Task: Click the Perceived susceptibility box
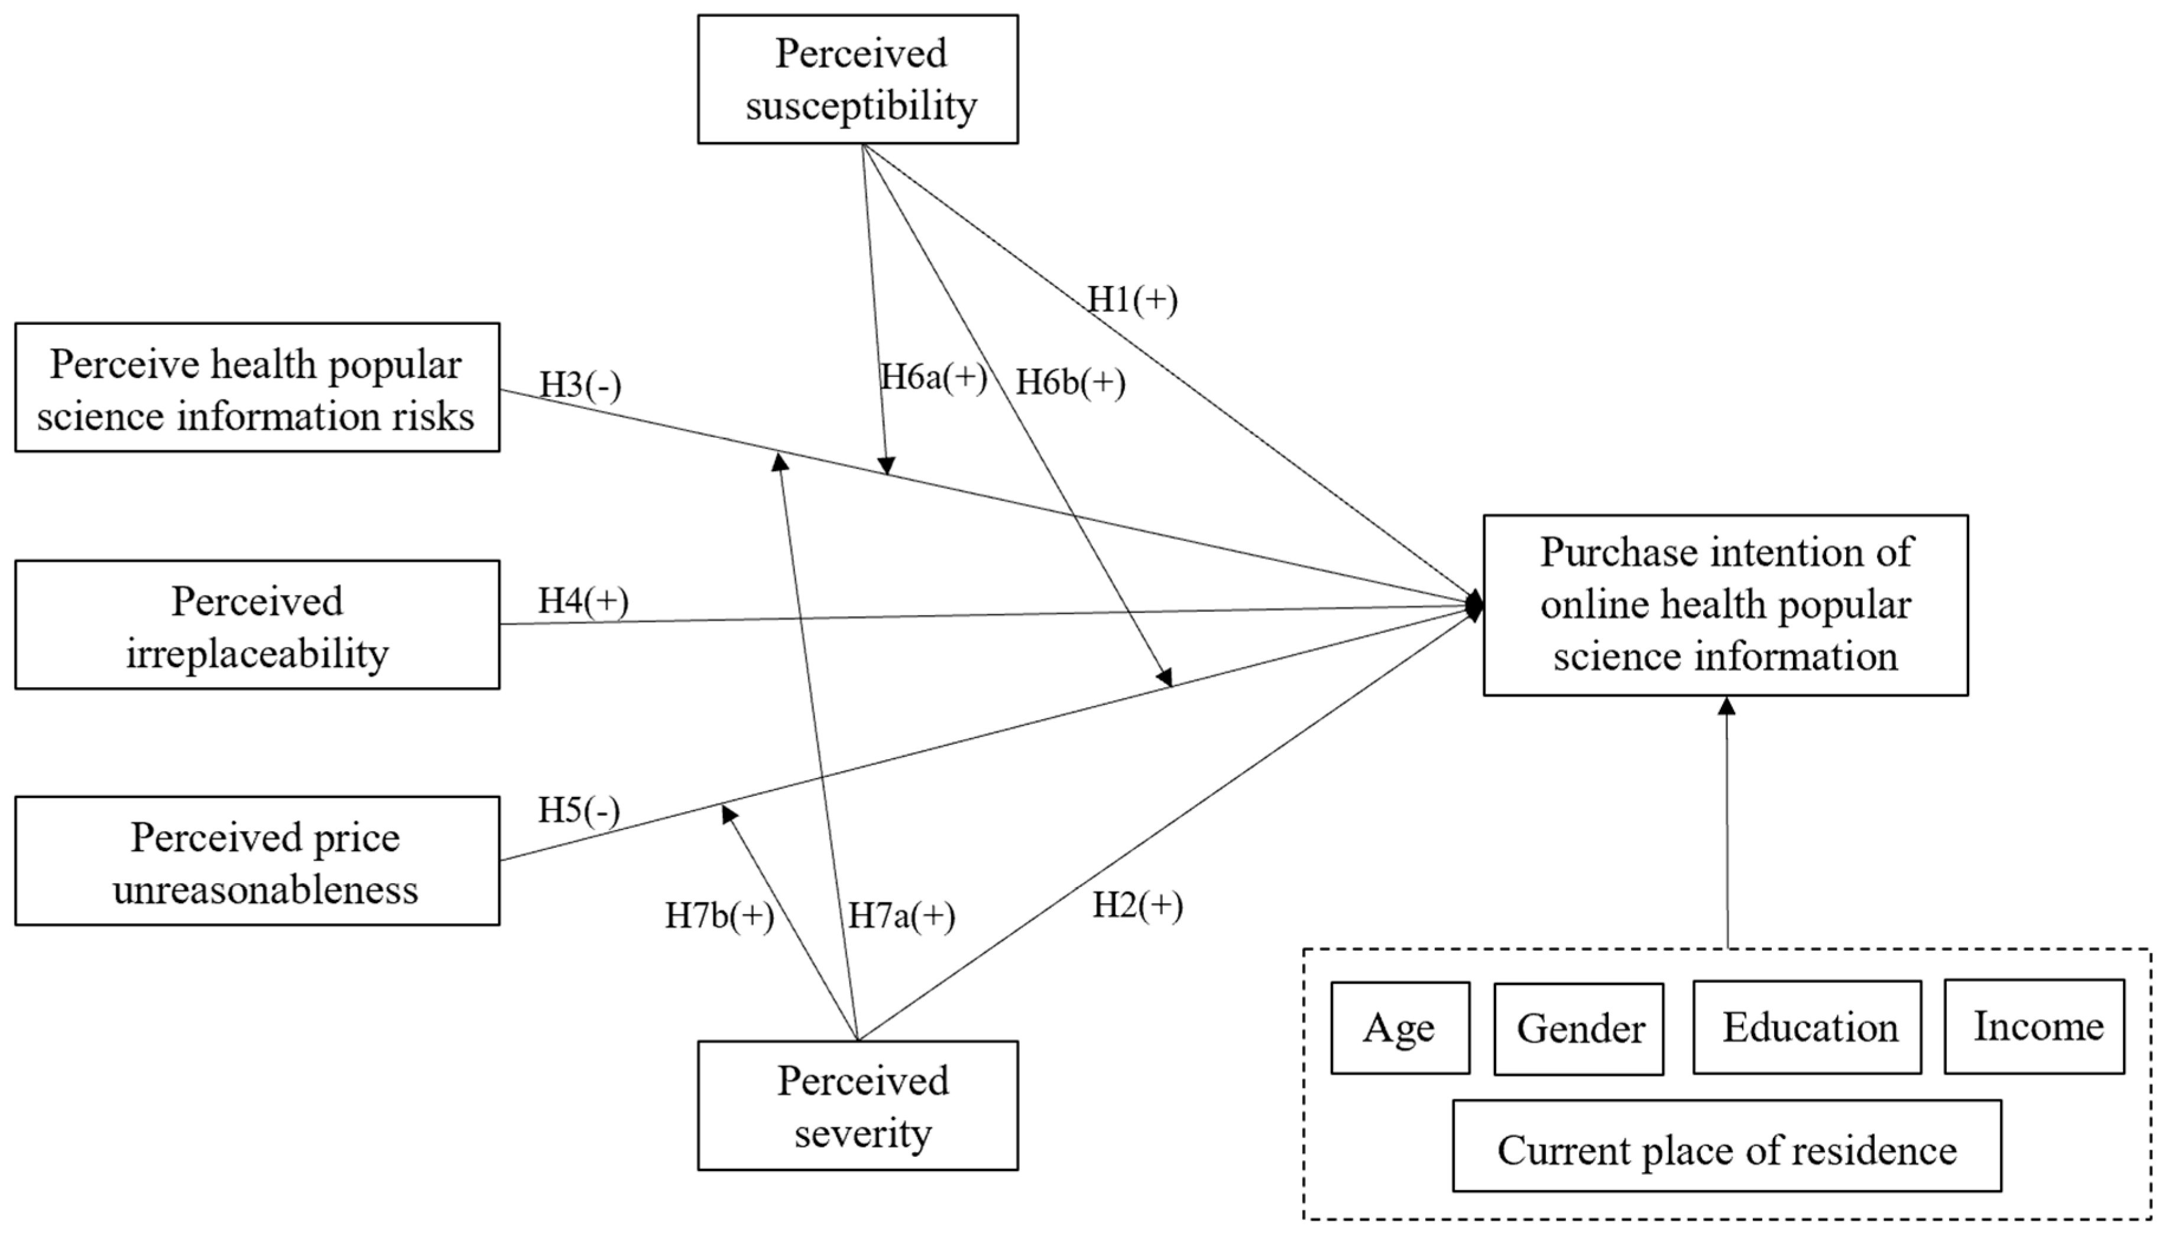(858, 79)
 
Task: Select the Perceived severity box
(858, 1105)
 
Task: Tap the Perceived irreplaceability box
(257, 624)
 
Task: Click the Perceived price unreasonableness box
(257, 861)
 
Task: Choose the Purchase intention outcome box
(1725, 605)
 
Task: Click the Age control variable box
(1399, 1028)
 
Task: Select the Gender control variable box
(1579, 1029)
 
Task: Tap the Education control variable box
(1807, 1027)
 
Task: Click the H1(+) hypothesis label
(1132, 300)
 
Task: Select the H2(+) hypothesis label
(1137, 906)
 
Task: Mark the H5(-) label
(579, 811)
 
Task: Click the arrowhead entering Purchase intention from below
(1727, 706)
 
